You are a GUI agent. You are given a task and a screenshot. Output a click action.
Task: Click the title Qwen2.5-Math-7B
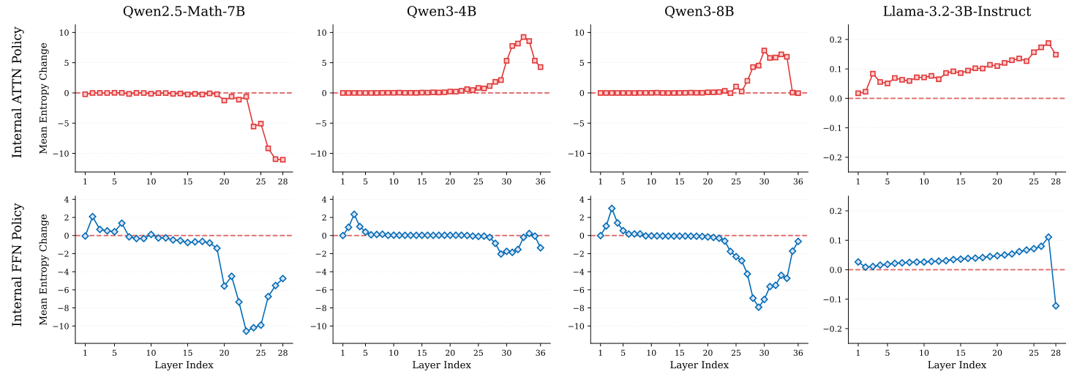point(183,11)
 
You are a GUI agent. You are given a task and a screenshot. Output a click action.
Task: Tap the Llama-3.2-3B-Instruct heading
point(957,11)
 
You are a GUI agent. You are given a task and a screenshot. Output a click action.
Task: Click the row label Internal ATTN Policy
point(18,92)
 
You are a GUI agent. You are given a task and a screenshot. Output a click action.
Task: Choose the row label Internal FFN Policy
point(18,265)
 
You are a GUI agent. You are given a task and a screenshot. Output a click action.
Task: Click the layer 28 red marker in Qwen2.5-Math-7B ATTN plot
point(282,160)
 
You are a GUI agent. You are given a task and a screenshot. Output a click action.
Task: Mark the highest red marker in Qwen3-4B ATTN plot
point(523,37)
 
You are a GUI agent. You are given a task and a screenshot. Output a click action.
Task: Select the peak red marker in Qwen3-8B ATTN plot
point(764,51)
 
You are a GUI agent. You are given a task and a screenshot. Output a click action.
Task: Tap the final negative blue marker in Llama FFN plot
point(1056,305)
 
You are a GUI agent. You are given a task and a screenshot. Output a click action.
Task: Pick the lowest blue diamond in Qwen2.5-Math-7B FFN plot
point(246,331)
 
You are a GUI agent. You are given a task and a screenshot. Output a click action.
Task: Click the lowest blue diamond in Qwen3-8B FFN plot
point(759,307)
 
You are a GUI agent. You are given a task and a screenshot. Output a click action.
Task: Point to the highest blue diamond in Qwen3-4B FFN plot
point(353,214)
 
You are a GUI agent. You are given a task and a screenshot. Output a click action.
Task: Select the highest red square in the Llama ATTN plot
point(1048,43)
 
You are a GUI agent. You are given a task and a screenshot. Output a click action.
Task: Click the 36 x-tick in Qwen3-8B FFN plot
point(798,353)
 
